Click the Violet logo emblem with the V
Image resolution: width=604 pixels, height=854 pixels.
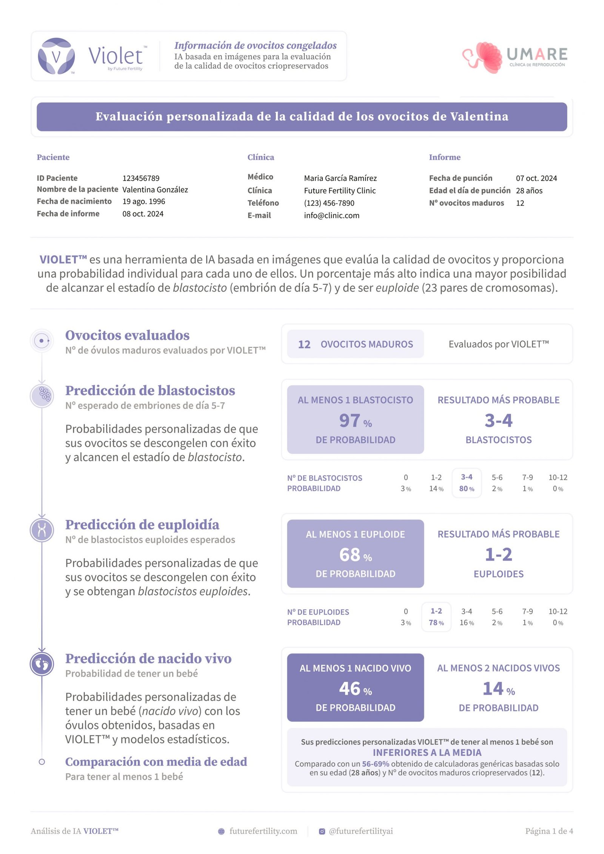pyautogui.click(x=56, y=56)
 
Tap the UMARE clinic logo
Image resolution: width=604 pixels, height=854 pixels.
pyautogui.click(x=515, y=57)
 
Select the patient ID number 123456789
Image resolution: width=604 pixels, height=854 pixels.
pyautogui.click(x=141, y=178)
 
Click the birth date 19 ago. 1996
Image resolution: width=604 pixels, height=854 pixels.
pyautogui.click(x=143, y=202)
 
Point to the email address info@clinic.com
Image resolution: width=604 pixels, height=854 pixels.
pyautogui.click(x=331, y=215)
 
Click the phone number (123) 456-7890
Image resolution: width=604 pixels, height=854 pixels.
pyautogui.click(x=329, y=203)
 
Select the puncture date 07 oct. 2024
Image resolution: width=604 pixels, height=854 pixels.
pyautogui.click(x=536, y=178)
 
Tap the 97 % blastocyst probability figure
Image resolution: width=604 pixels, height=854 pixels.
pyautogui.click(x=355, y=421)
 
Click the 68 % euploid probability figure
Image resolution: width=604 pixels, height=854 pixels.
pyautogui.click(x=355, y=555)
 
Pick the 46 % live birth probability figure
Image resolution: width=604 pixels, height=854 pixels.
pyautogui.click(x=355, y=689)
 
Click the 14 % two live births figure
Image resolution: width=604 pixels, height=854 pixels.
pyautogui.click(x=498, y=689)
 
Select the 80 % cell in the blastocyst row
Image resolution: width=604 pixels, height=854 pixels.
pyautogui.click(x=467, y=489)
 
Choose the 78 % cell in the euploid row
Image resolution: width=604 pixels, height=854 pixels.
pyautogui.click(x=436, y=623)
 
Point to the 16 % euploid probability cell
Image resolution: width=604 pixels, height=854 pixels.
pyautogui.click(x=467, y=623)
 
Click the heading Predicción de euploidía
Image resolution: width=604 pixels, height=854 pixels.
pyautogui.click(x=142, y=525)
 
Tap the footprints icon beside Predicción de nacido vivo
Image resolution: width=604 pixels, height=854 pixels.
pyautogui.click(x=42, y=664)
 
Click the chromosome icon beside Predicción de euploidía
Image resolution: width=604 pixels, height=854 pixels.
pyautogui.click(x=42, y=530)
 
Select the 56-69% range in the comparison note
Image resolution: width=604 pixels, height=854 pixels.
pyautogui.click(x=375, y=764)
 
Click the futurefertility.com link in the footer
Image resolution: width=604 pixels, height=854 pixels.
pyautogui.click(x=263, y=831)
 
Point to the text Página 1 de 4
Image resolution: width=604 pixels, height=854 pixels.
pyautogui.click(x=549, y=831)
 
